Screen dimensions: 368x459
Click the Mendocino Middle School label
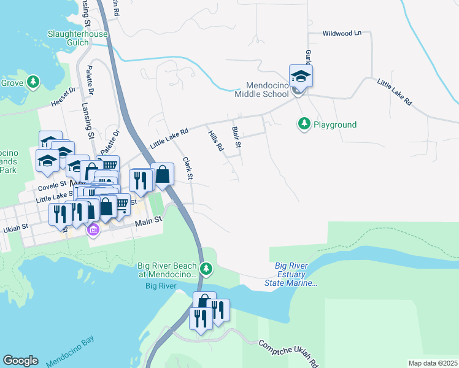point(261,90)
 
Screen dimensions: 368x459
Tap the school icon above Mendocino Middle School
point(301,77)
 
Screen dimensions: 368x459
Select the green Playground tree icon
point(304,124)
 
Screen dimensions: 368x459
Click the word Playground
point(335,125)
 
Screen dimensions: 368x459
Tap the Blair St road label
point(236,137)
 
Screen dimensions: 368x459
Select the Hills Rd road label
point(215,140)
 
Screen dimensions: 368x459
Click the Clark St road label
point(188,169)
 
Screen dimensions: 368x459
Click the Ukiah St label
point(17,227)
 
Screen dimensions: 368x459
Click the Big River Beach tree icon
point(207,268)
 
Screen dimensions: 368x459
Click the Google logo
point(20,361)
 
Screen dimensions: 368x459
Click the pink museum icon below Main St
point(93,231)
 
